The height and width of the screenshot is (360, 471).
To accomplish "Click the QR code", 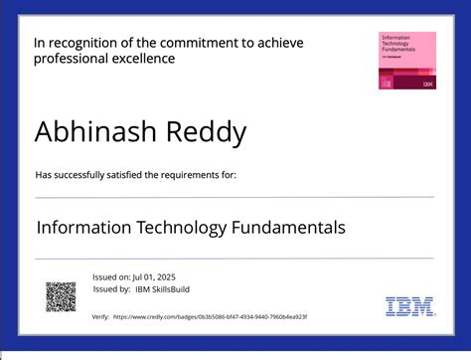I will coord(61,295).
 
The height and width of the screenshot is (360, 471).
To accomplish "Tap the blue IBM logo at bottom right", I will coord(410,306).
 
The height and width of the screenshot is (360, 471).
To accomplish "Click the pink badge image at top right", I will coord(407,61).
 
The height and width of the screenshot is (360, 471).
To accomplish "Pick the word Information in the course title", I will coord(79,228).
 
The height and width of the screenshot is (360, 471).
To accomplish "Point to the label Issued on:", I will coord(110,277).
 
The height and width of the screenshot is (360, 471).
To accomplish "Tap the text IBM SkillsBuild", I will coord(163,289).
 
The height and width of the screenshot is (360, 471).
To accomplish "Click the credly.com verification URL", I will coord(212,316).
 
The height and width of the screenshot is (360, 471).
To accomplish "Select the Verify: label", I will coord(100,316).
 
